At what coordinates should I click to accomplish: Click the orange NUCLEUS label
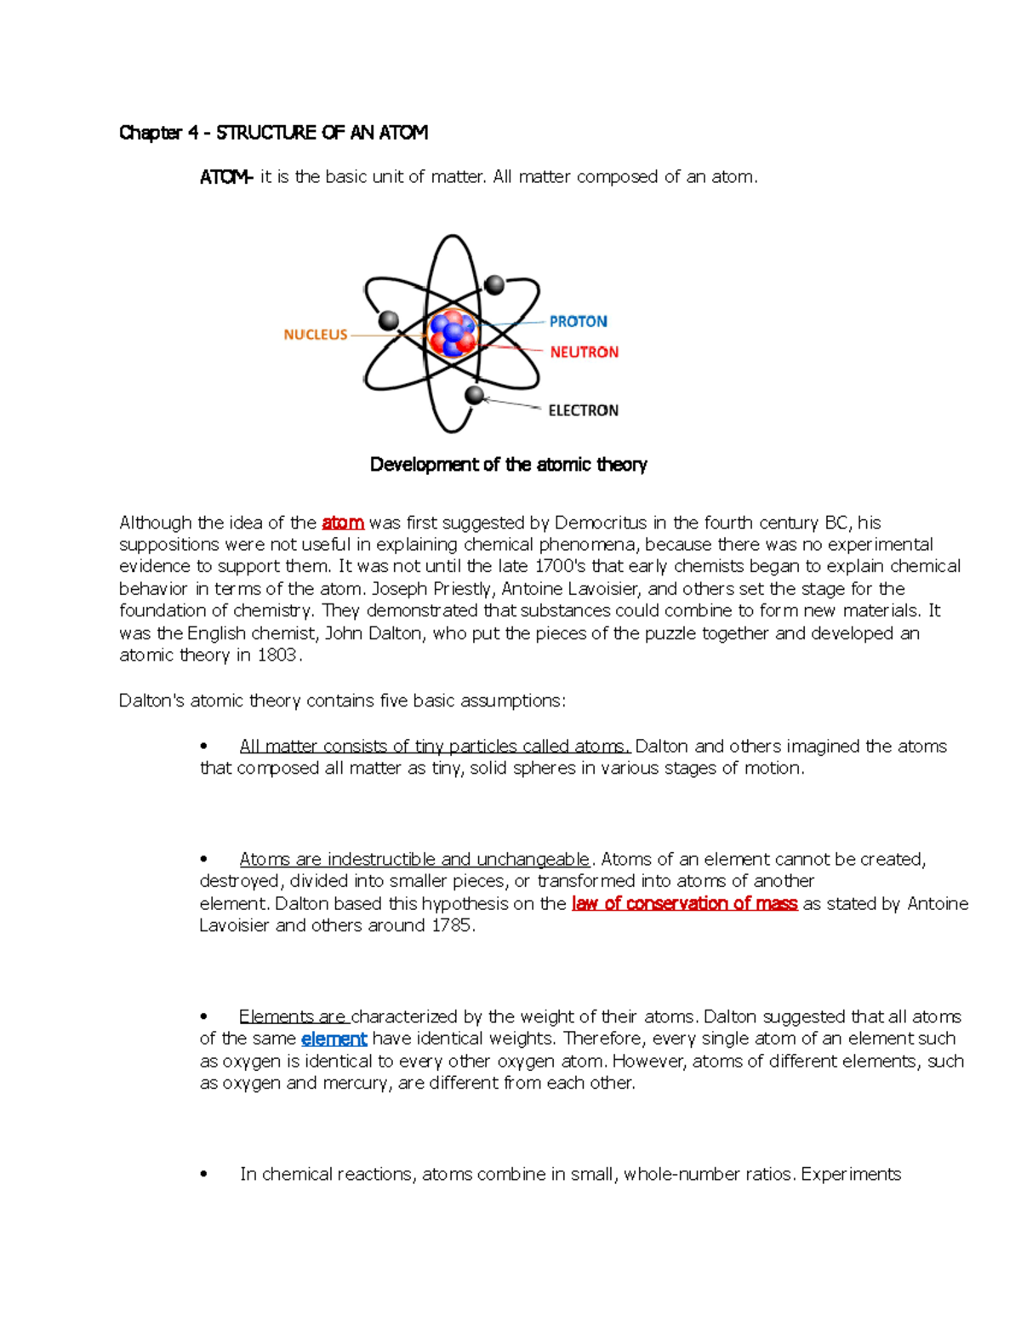(x=315, y=335)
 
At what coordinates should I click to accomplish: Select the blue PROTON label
(x=578, y=321)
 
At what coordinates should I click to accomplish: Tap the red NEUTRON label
(x=584, y=352)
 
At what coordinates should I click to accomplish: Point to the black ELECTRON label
(x=583, y=410)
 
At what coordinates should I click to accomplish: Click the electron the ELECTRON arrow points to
(x=475, y=395)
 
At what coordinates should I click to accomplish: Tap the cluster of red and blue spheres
(x=452, y=333)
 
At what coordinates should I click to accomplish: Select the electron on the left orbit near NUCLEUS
(x=389, y=320)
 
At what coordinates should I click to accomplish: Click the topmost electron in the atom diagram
(x=493, y=284)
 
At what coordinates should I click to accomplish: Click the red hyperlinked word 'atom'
(x=343, y=523)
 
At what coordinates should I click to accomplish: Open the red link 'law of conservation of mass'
(x=684, y=903)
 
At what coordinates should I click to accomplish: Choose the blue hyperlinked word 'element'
(x=334, y=1039)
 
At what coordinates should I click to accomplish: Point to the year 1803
(x=277, y=655)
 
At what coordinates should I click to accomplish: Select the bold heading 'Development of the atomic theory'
(x=508, y=464)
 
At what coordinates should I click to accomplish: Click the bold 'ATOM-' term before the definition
(x=225, y=177)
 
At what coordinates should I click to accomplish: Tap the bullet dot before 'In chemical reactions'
(x=204, y=1175)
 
